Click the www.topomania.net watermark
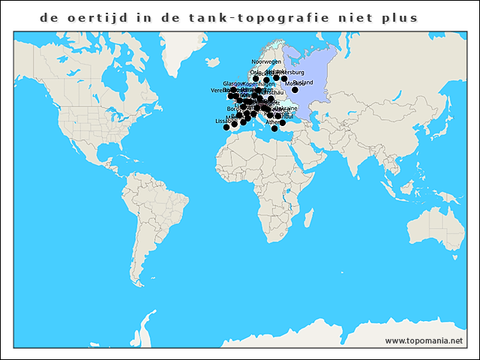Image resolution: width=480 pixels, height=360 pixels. (424, 340)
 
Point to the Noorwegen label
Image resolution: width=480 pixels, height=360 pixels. (266, 61)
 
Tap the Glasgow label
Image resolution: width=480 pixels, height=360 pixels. (233, 83)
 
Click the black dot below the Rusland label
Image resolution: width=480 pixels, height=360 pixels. (295, 90)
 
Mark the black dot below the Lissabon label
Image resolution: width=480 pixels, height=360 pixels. (226, 127)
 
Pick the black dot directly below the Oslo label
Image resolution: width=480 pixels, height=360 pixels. (256, 79)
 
